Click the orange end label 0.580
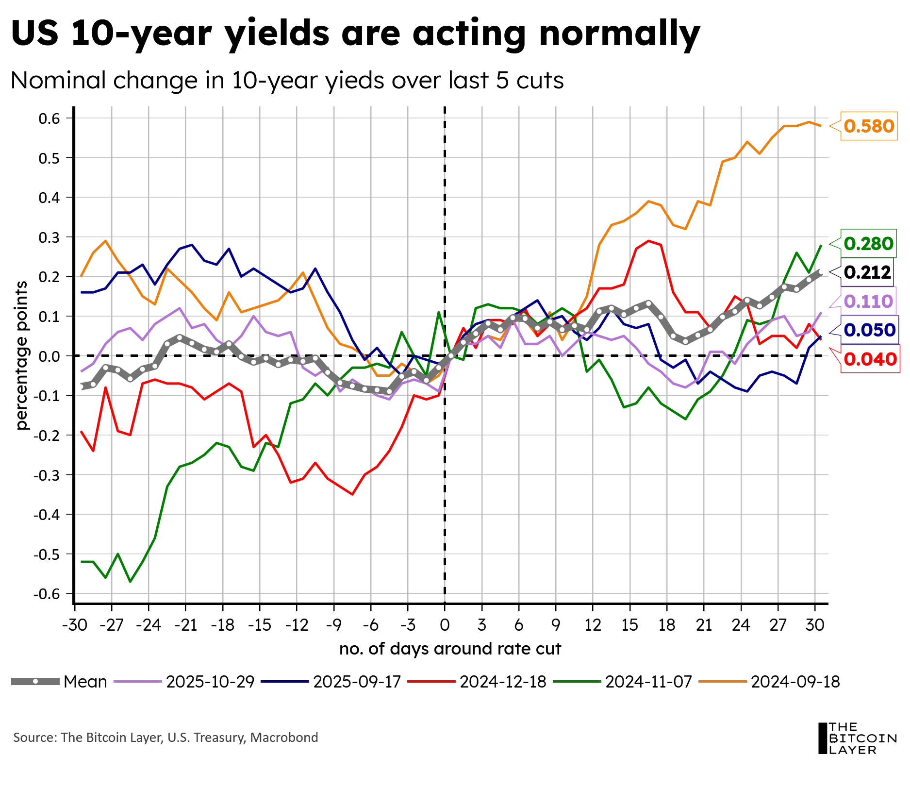868,126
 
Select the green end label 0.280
868,243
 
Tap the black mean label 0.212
867,272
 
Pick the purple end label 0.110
868,302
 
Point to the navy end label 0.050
869,330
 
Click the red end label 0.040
870,359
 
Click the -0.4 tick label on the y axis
46,515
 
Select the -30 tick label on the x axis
74,624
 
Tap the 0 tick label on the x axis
445,624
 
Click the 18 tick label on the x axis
667,624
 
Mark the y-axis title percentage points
22,355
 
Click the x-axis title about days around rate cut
450,649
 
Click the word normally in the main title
619,33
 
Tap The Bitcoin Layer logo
857,738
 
